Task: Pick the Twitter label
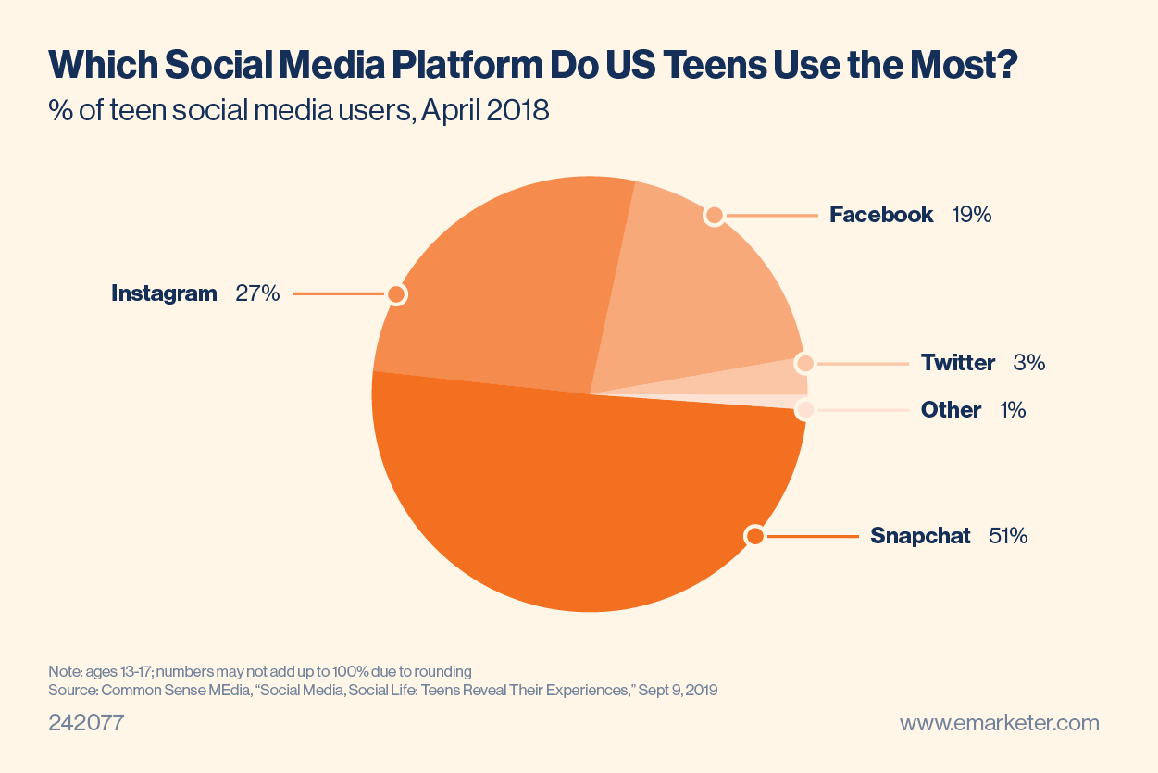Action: [958, 363]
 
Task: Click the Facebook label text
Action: [881, 215]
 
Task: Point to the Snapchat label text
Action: [920, 535]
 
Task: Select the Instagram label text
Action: [164, 293]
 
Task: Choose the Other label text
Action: [951, 409]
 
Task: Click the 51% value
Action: [1007, 535]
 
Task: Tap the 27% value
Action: [257, 293]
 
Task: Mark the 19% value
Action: [972, 215]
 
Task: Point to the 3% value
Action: [1029, 363]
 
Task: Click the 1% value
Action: [1013, 409]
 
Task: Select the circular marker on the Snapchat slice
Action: [755, 535]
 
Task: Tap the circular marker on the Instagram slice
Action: [396, 294]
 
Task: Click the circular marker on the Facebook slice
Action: [714, 216]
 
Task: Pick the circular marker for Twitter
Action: [805, 364]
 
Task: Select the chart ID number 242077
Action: [86, 723]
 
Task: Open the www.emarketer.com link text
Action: [1000, 723]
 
